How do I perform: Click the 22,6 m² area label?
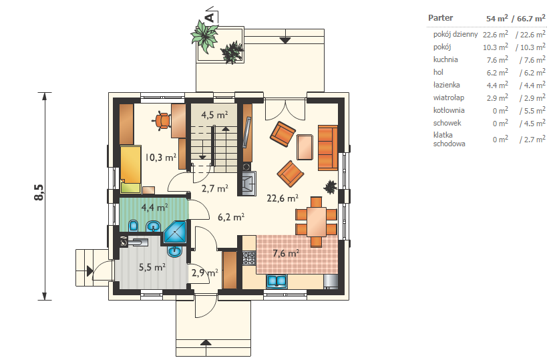tap(282, 198)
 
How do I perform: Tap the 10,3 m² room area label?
tap(160, 157)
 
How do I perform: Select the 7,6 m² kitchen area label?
tap(286, 253)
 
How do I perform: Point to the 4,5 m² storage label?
tap(214, 115)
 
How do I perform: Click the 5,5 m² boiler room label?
tap(152, 267)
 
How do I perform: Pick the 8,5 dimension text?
tap(39, 192)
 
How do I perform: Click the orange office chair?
tap(162, 121)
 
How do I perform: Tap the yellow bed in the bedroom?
tap(131, 169)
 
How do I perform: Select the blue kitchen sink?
tap(276, 281)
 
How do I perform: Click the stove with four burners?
tap(248, 258)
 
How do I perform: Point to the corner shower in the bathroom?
tap(175, 232)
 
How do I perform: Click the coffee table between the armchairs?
tap(305, 147)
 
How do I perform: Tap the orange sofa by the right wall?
tap(328, 148)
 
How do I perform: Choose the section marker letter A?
tap(210, 17)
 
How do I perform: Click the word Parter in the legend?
tap(440, 17)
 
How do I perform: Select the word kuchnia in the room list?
tap(445, 59)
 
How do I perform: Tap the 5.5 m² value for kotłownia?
tap(532, 110)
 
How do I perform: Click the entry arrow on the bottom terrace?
tap(206, 343)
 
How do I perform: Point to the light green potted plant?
tap(204, 36)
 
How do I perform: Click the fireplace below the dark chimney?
tap(249, 183)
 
